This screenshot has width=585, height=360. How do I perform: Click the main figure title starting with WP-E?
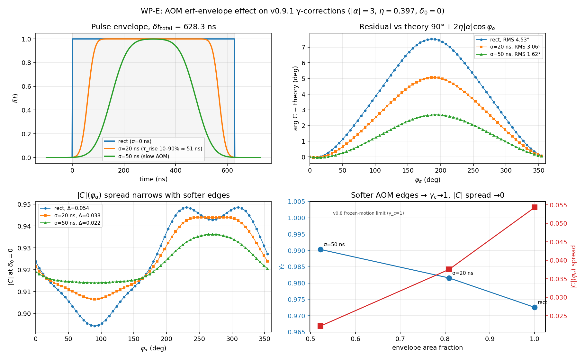[x=292, y=11]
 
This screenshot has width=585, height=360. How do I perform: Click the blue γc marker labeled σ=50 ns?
[x=320, y=250]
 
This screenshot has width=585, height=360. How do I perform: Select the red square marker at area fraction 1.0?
[x=535, y=207]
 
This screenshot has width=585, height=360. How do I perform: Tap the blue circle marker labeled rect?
[x=535, y=307]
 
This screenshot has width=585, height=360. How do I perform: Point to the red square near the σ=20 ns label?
[x=449, y=269]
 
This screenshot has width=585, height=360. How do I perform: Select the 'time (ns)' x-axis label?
[x=154, y=179]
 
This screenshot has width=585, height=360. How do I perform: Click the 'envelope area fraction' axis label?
[x=428, y=348]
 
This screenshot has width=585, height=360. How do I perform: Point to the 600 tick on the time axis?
[x=227, y=170]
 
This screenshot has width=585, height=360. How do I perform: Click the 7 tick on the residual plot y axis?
[x=304, y=47]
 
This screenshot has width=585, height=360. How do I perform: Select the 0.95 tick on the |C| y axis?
[x=26, y=204]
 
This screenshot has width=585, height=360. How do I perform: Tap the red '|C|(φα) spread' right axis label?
[x=573, y=267]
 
